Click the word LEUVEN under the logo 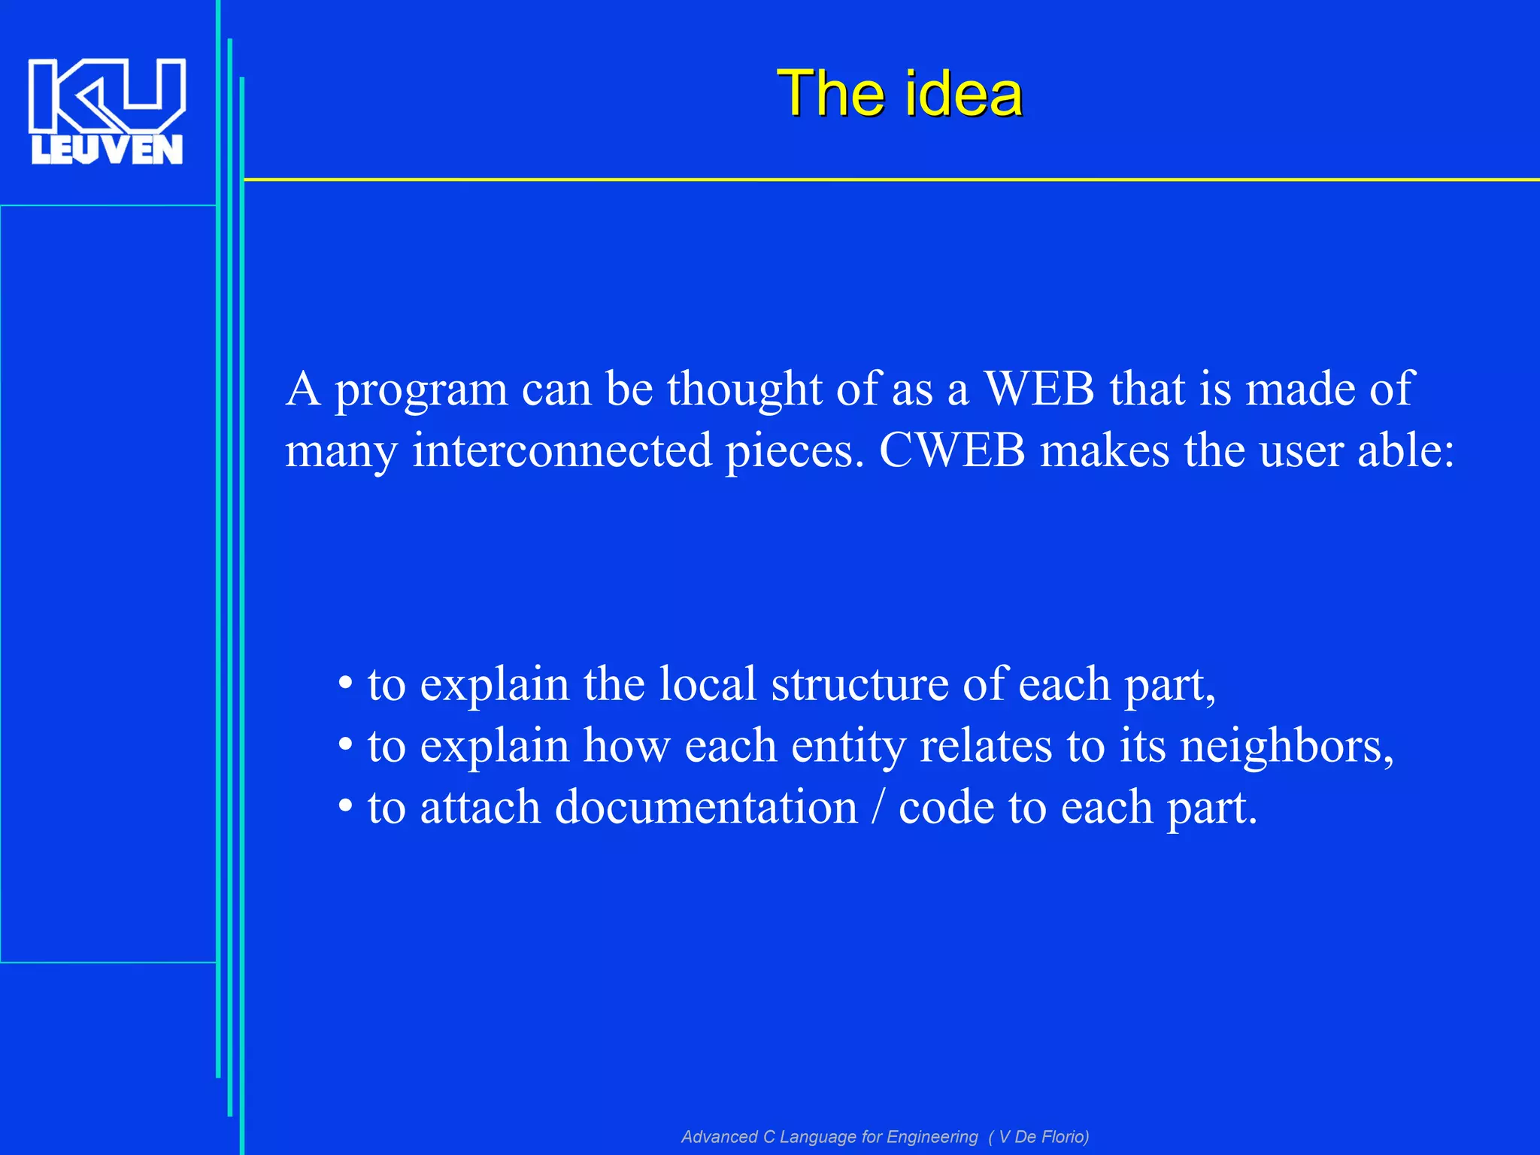(x=107, y=150)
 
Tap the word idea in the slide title (x=963, y=93)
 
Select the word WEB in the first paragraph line (x=1039, y=389)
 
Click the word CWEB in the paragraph (x=952, y=450)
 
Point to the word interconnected (x=562, y=450)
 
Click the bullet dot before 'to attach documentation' (x=345, y=807)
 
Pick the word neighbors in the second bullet (x=1286, y=747)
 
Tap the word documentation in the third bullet (x=706, y=807)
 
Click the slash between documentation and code (x=878, y=807)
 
